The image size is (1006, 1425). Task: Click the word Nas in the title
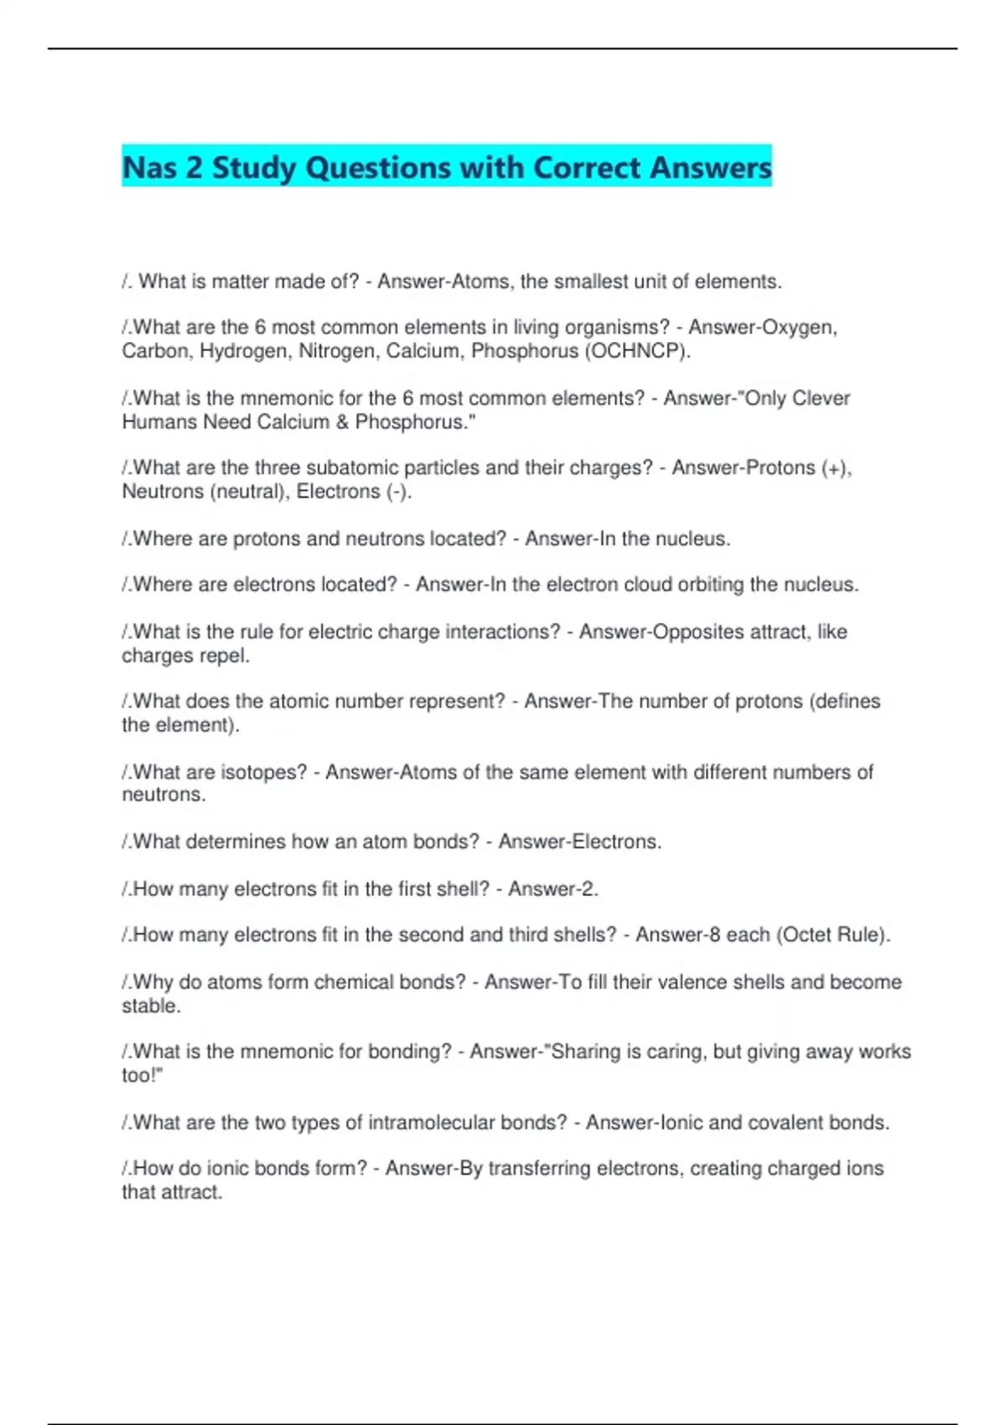coord(150,168)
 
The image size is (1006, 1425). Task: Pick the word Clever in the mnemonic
coord(822,398)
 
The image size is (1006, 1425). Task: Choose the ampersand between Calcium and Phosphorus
coord(342,422)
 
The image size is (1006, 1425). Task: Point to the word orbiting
coord(710,585)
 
